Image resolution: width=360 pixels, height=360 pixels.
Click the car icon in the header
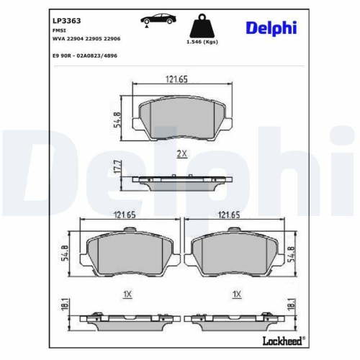pos(148,22)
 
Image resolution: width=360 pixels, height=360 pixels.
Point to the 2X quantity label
pos(181,153)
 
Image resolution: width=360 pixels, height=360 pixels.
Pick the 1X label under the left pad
pos(127,294)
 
